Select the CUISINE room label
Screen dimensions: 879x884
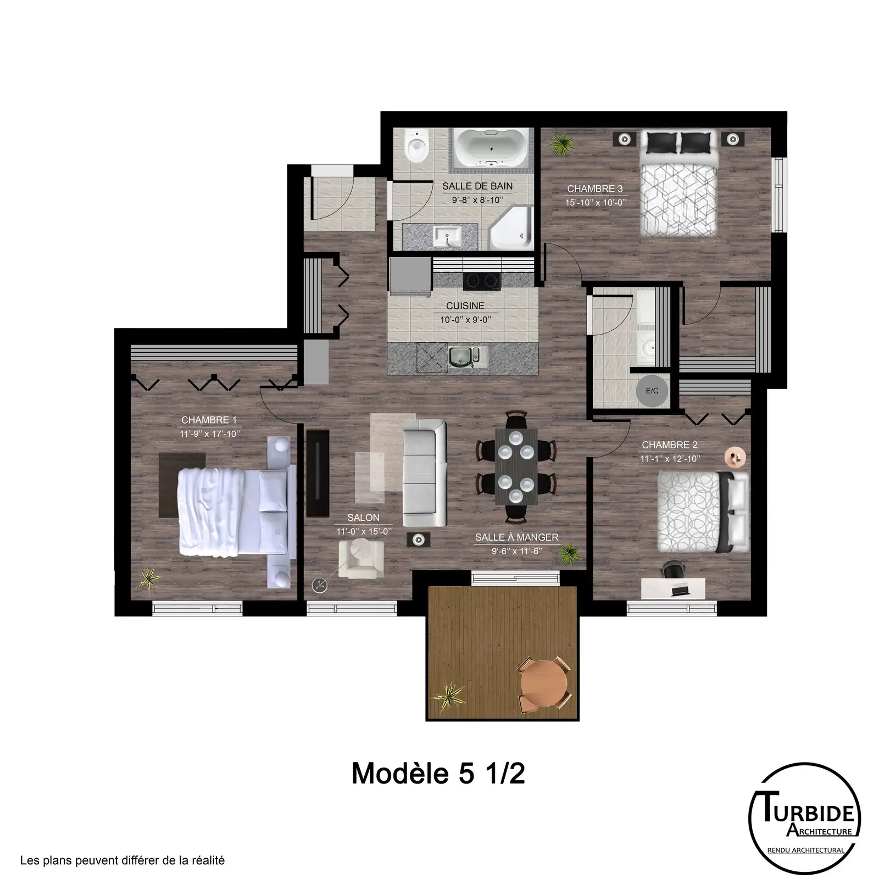(465, 306)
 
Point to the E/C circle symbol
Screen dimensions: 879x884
(652, 391)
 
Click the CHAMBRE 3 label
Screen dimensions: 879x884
(591, 188)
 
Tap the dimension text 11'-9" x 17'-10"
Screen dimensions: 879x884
(210, 434)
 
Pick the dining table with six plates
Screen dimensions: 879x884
(515, 467)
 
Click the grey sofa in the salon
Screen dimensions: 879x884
(424, 473)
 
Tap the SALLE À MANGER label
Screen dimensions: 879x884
(517, 537)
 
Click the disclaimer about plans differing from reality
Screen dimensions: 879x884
(123, 860)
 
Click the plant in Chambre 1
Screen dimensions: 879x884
(148, 579)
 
